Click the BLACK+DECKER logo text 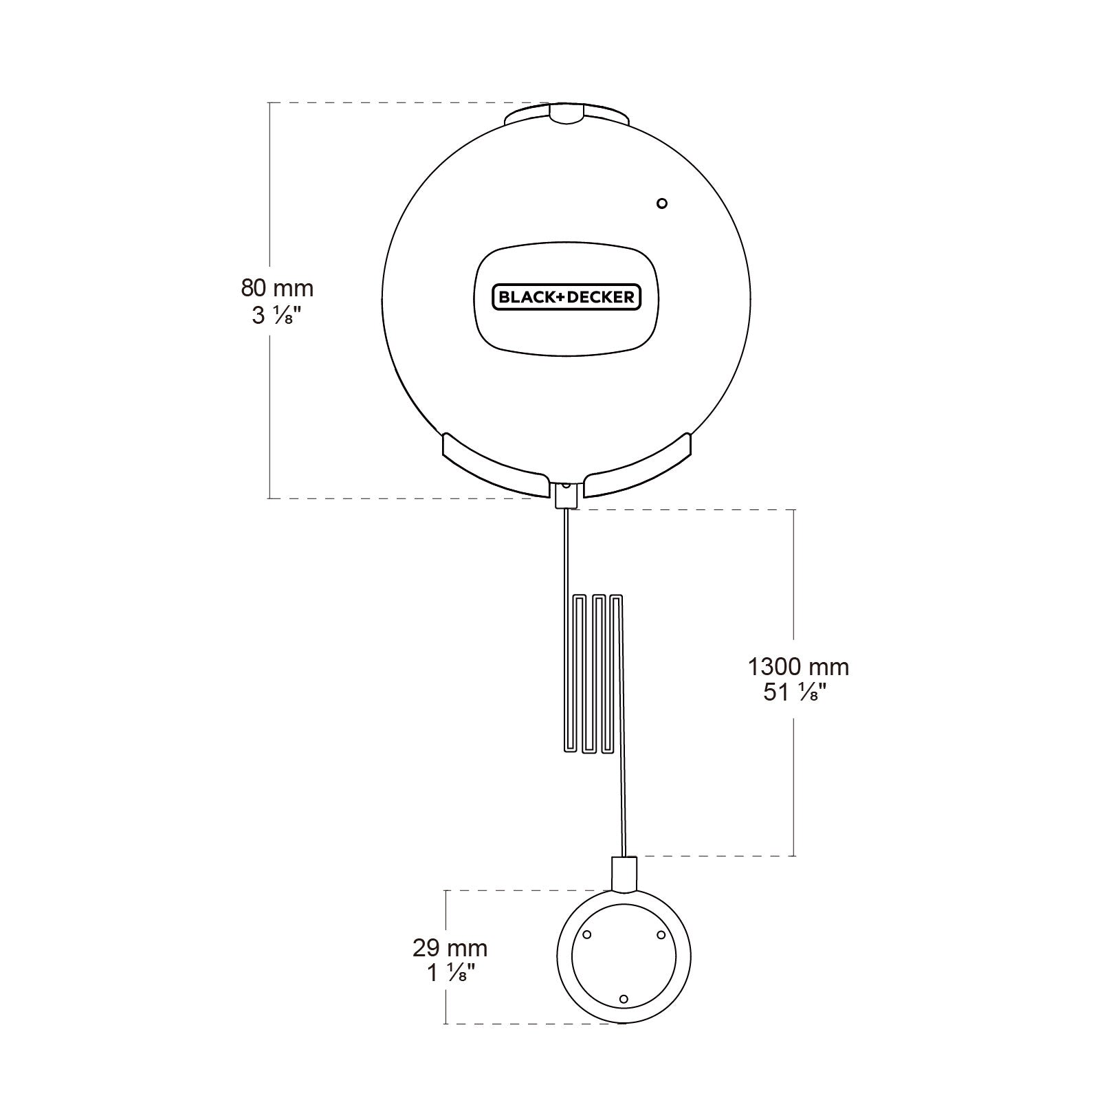[566, 298]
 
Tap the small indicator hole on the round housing [662, 203]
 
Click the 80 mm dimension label [276, 287]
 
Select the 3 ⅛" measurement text [276, 316]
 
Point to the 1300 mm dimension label [798, 666]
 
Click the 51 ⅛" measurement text [795, 692]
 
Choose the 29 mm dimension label [450, 948]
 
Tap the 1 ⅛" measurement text [451, 973]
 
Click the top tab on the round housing [566, 115]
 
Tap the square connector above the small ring [624, 873]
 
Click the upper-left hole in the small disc [587, 935]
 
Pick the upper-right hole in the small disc [661, 935]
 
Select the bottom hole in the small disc [624, 999]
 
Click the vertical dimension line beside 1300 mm [795, 584]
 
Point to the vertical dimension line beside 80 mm [269, 412]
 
